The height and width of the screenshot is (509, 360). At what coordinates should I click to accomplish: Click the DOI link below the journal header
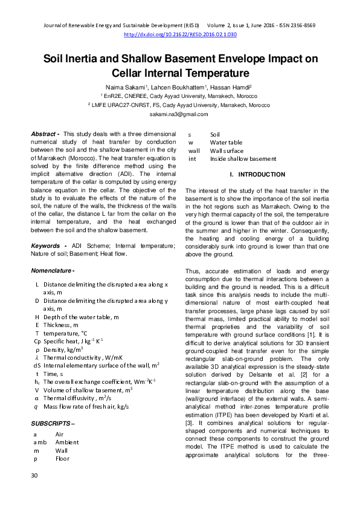[x=180, y=35]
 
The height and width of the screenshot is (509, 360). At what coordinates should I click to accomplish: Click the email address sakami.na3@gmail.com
[x=179, y=114]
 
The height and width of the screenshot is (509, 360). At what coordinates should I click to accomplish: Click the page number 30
[x=34, y=493]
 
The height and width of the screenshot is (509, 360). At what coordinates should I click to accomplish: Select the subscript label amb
[x=40, y=442]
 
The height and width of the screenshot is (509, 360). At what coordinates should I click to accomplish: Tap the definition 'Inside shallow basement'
[x=243, y=159]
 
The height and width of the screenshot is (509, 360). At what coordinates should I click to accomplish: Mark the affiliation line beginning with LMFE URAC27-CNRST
[x=179, y=105]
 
